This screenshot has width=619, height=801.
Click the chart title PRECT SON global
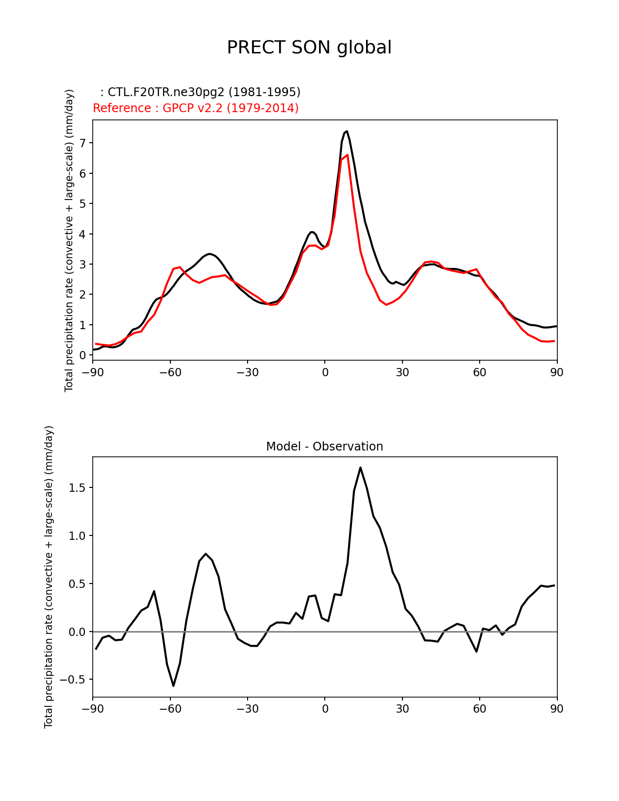pyautogui.click(x=309, y=48)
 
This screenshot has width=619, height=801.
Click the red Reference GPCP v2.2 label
pyautogui.click(x=196, y=108)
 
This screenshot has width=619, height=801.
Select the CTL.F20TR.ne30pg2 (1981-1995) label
pyautogui.click(x=200, y=92)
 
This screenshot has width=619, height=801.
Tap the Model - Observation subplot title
pyautogui.click(x=324, y=447)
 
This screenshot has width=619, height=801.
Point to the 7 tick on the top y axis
pyautogui.click(x=83, y=143)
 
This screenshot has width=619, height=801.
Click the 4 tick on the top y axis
pyautogui.click(x=83, y=234)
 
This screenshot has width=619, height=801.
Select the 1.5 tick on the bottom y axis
pyautogui.click(x=77, y=488)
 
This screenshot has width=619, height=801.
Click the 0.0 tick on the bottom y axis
pyautogui.click(x=77, y=632)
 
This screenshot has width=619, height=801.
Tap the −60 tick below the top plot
pyautogui.click(x=170, y=372)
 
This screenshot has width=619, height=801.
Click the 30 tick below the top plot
pyautogui.click(x=402, y=372)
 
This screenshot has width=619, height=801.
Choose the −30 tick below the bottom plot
pyautogui.click(x=247, y=709)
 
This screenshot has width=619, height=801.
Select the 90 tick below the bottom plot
pyautogui.click(x=557, y=709)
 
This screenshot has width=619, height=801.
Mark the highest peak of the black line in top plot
pyautogui.click(x=347, y=131)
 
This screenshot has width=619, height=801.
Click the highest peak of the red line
pyautogui.click(x=347, y=155)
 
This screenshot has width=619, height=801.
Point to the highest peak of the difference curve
pyautogui.click(x=360, y=467)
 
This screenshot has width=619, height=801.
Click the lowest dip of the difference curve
pyautogui.click(x=173, y=686)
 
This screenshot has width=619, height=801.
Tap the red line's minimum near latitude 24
pyautogui.click(x=386, y=305)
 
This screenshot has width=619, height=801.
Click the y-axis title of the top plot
pyautogui.click(x=69, y=240)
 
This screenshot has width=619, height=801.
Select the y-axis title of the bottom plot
pyautogui.click(x=49, y=577)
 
